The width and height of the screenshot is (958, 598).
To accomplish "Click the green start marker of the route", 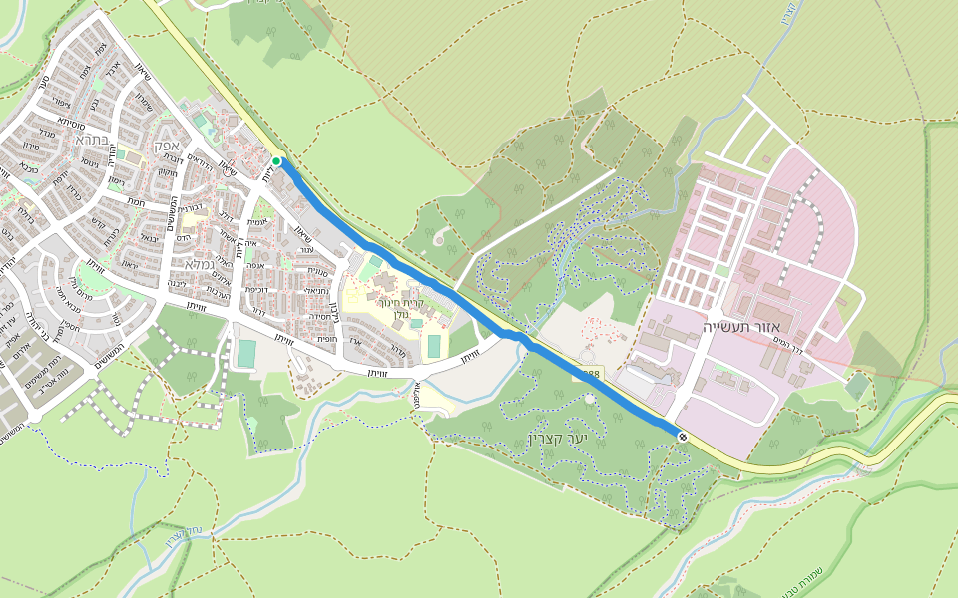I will click(x=276, y=161).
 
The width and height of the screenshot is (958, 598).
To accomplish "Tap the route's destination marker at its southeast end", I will click(x=682, y=436).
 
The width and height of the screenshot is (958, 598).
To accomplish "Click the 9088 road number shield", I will click(x=589, y=374).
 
